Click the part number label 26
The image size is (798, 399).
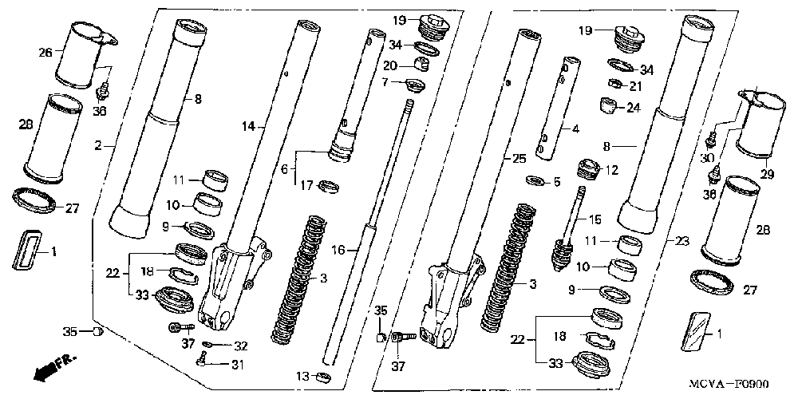tap(45, 52)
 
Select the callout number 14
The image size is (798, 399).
tap(248, 126)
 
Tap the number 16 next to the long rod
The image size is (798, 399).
tap(338, 250)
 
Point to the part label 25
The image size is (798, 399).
tap(519, 159)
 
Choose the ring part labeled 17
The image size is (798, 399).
tap(327, 188)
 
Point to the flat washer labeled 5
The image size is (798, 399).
tap(531, 181)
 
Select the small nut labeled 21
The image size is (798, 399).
tap(615, 85)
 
